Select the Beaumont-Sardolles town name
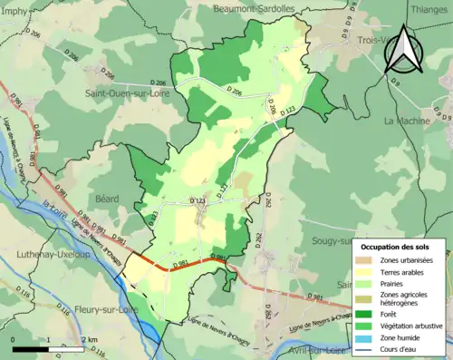coord(255,8)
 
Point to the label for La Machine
coord(408,120)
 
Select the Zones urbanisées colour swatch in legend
coord(367,261)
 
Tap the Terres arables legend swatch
coord(367,273)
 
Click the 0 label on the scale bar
coord(13,339)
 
